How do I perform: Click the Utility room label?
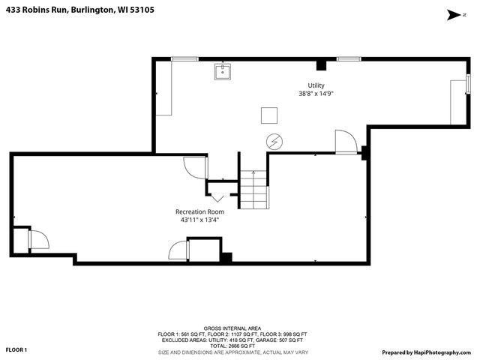point(316,85)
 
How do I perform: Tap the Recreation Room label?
point(199,211)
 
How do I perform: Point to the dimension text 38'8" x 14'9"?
point(316,94)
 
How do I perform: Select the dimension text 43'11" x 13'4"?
point(199,220)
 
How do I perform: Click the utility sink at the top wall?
point(223,71)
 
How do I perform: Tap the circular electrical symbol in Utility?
point(274,141)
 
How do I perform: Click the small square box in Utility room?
point(269,115)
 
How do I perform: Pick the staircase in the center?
point(253,190)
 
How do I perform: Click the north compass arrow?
point(452,13)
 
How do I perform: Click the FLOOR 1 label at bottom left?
point(16,349)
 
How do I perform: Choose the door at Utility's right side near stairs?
point(345,142)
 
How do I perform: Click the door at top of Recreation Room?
point(194,166)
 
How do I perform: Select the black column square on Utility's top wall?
point(321,64)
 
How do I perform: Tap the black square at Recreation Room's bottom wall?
point(226,257)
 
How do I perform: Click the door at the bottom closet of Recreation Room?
point(178,251)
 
